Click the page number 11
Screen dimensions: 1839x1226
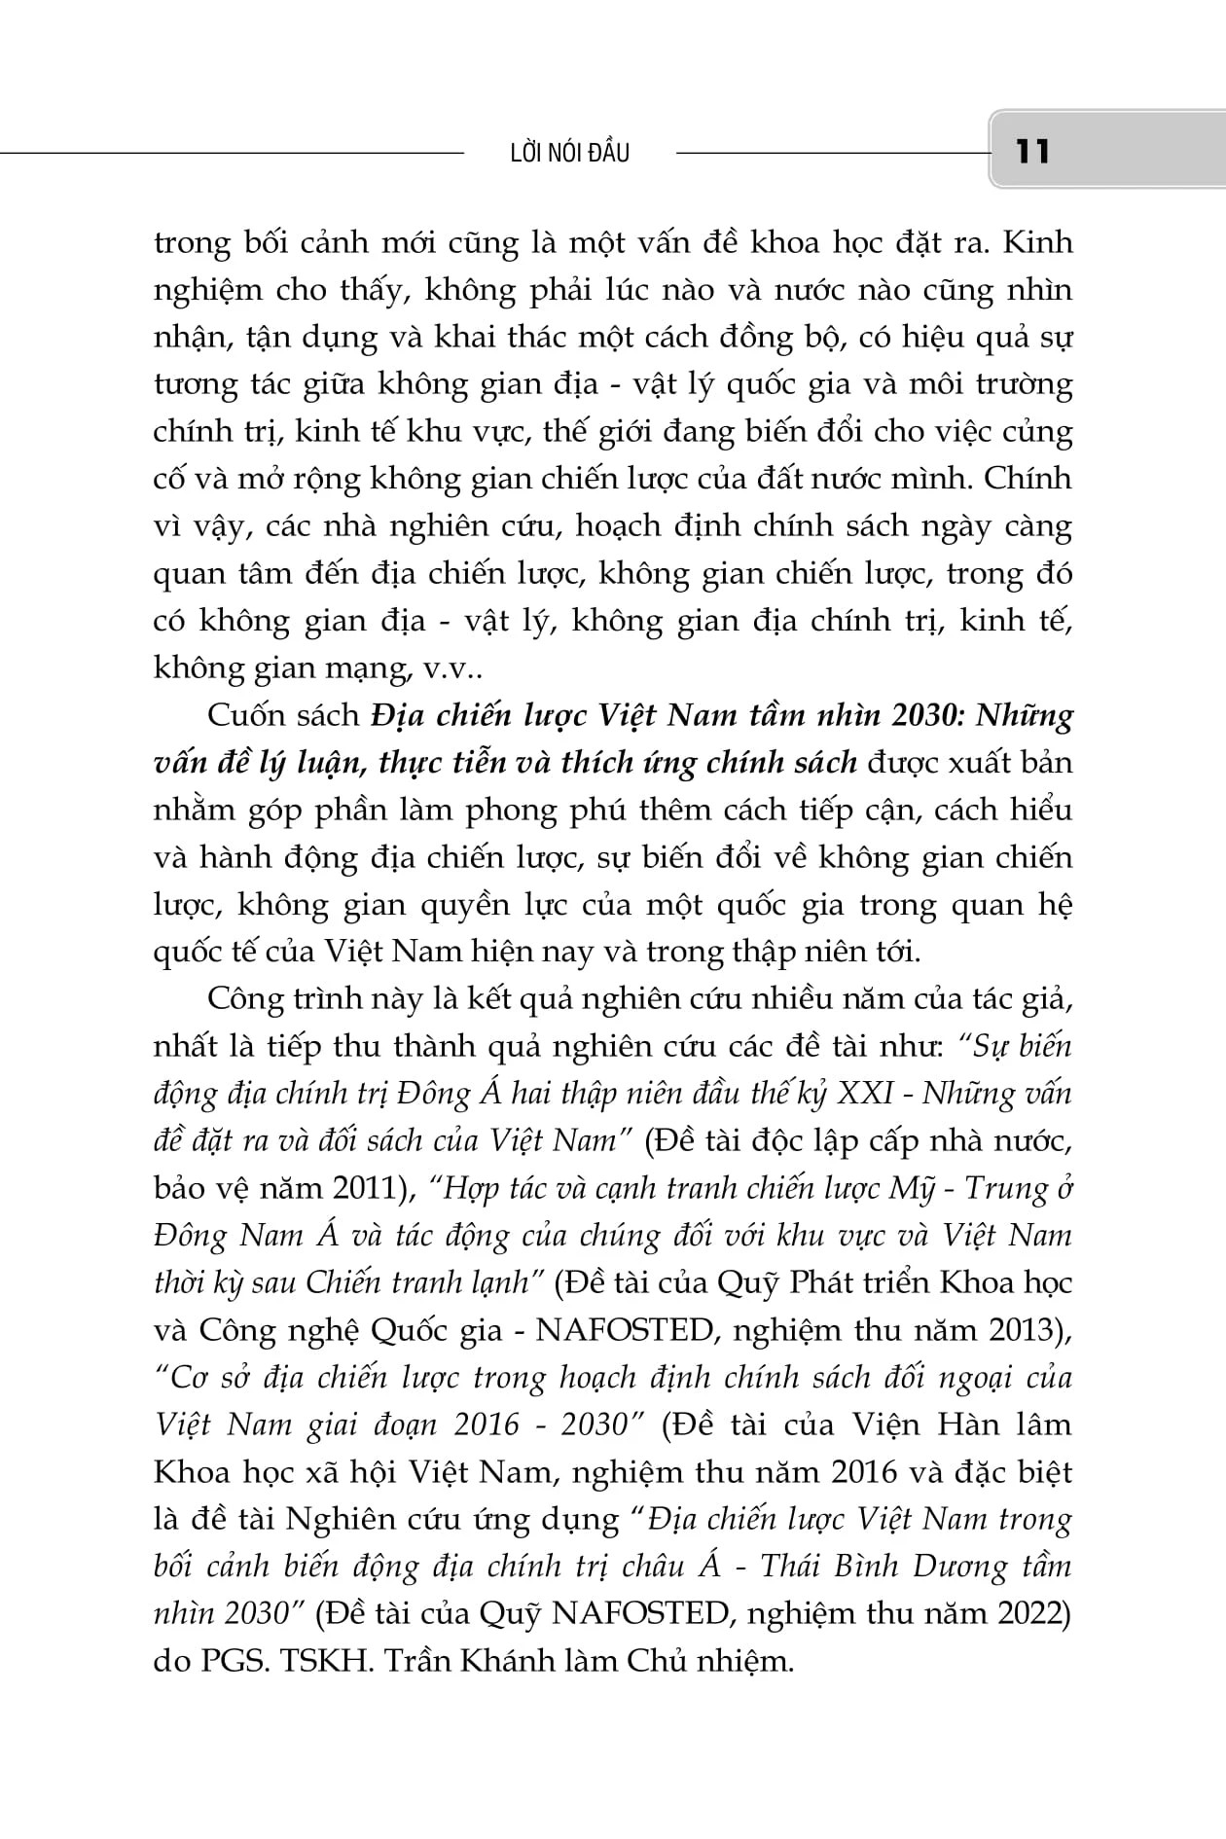click(x=1032, y=152)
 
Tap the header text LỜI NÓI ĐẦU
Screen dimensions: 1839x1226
click(x=570, y=153)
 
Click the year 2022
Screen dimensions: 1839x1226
click(x=1032, y=1614)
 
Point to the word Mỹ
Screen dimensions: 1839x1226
click(x=909, y=1188)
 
